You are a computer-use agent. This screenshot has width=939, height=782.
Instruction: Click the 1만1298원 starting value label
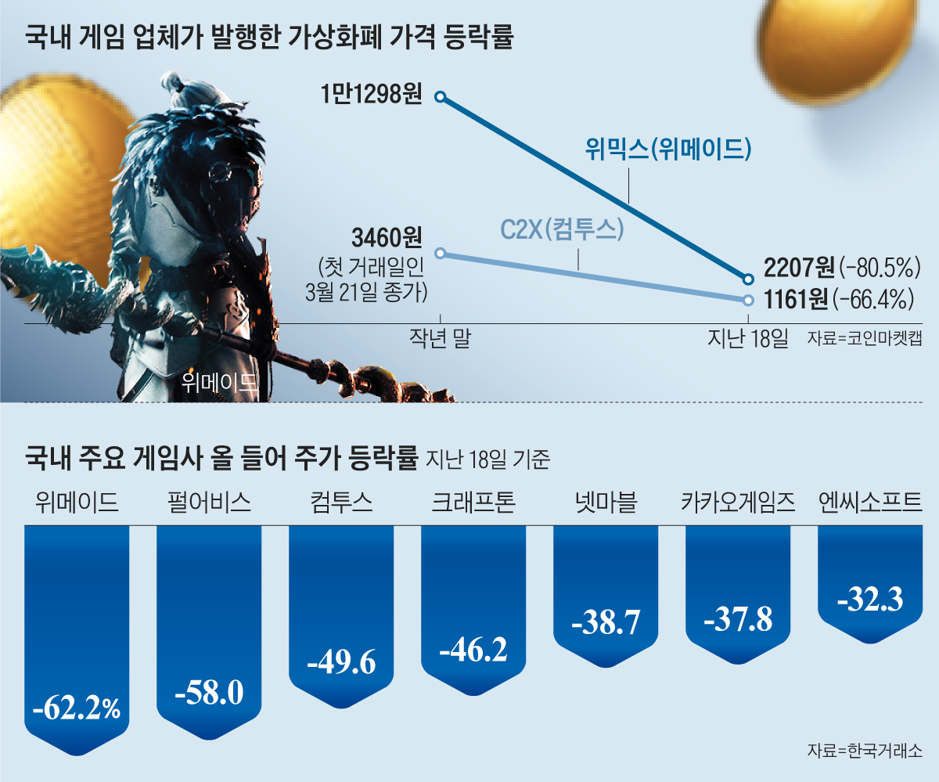pos(371,95)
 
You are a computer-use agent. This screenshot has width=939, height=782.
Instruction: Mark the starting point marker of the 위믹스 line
pos(440,96)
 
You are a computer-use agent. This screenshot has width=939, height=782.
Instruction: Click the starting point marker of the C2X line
pos(440,253)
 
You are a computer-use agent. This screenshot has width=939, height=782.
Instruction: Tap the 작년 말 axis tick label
pos(440,339)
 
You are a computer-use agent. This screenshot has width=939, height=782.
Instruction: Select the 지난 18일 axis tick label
pos(747,339)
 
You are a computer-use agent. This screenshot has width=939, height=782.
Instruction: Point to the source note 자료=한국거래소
pos(864,751)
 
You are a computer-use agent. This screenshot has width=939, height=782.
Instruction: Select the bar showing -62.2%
pos(77,634)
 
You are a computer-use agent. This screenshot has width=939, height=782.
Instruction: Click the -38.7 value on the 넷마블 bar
pos(606,622)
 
